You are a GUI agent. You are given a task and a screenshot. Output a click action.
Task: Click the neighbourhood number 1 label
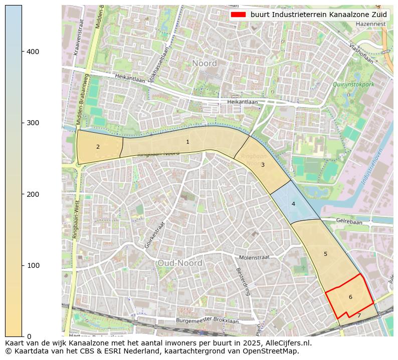click(x=187, y=142)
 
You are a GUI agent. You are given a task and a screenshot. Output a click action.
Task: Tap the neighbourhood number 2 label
click(x=98, y=147)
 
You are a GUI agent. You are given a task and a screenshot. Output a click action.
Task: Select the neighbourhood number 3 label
click(x=263, y=165)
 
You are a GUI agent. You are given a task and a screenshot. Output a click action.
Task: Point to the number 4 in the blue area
click(x=293, y=204)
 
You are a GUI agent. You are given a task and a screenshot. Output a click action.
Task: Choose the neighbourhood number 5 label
click(x=325, y=254)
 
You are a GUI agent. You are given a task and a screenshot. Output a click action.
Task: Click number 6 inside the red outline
click(x=350, y=297)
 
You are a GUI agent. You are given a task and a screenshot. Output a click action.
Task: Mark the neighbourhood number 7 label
click(x=359, y=316)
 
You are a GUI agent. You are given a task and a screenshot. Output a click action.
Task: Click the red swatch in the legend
click(x=238, y=15)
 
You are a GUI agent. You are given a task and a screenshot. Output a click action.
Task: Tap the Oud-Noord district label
click(x=179, y=263)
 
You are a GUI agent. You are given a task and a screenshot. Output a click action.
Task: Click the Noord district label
click(x=204, y=64)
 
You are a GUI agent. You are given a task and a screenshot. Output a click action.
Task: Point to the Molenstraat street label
click(x=254, y=257)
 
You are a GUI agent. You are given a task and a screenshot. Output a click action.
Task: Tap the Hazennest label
click(x=371, y=24)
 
